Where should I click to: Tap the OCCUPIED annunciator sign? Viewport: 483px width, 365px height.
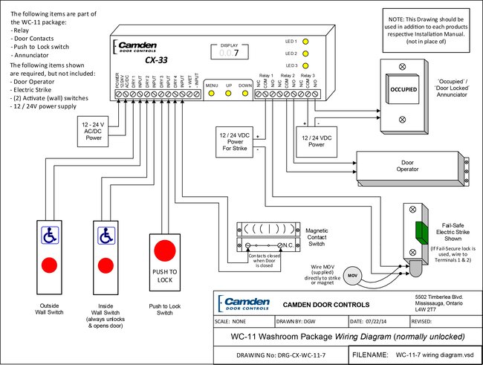click(x=400, y=88)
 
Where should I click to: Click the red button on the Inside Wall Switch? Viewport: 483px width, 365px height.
click(x=105, y=264)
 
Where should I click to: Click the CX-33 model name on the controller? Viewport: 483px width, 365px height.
click(x=155, y=60)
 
